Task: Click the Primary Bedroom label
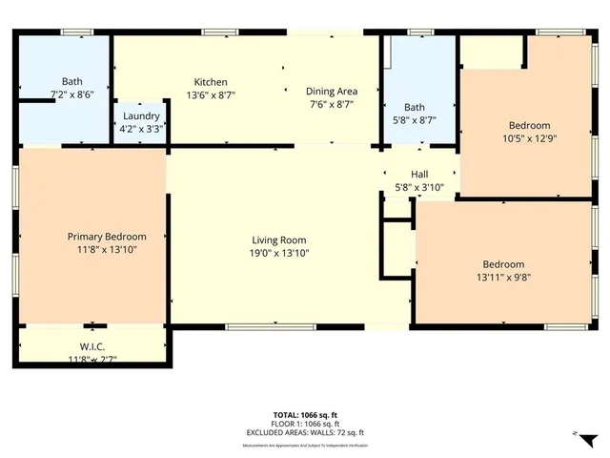click(x=106, y=237)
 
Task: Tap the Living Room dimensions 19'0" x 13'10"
click(x=279, y=253)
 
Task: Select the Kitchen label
click(x=211, y=82)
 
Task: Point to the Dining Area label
click(x=331, y=92)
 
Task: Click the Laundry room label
click(x=140, y=114)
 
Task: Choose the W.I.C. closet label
click(x=91, y=347)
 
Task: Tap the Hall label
click(x=419, y=174)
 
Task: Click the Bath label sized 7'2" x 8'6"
click(x=72, y=82)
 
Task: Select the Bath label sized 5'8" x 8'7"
click(x=414, y=108)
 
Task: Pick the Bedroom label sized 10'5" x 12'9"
click(x=529, y=126)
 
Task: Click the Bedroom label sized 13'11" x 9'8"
click(x=502, y=264)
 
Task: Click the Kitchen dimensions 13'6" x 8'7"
click(x=211, y=95)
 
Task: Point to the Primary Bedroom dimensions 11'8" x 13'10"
click(x=106, y=249)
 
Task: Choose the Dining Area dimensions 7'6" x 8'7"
click(x=331, y=105)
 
